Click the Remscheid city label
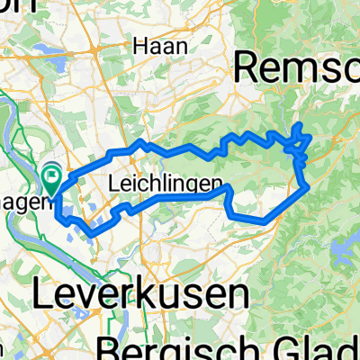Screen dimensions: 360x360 click(x=296, y=67)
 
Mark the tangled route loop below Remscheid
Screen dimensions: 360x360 click(x=299, y=143)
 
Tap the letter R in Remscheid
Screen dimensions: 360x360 click(x=247, y=67)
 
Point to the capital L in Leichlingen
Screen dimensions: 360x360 click(x=112, y=184)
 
